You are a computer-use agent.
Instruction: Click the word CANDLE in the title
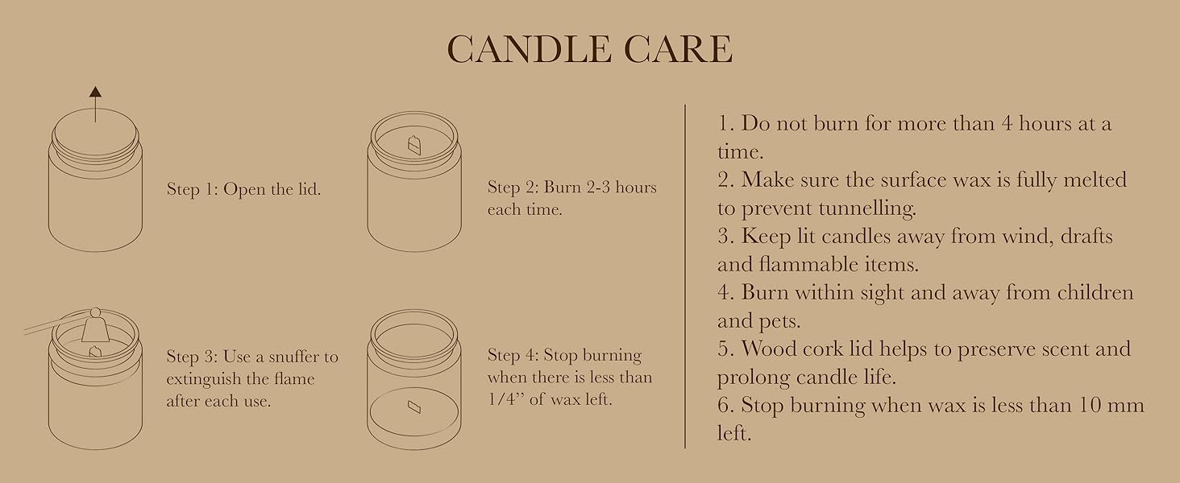pos(530,49)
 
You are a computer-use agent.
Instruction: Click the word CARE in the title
pos(679,49)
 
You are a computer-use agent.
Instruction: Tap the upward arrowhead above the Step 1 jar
pos(95,92)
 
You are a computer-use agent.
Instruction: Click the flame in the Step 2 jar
pos(414,145)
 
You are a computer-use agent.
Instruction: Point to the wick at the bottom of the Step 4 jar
pos(414,407)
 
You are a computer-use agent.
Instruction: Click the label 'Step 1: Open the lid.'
pos(243,189)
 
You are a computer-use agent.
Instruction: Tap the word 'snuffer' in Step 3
pos(296,357)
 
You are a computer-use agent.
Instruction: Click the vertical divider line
pos(685,276)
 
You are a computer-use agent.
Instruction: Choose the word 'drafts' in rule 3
pos(1087,236)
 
